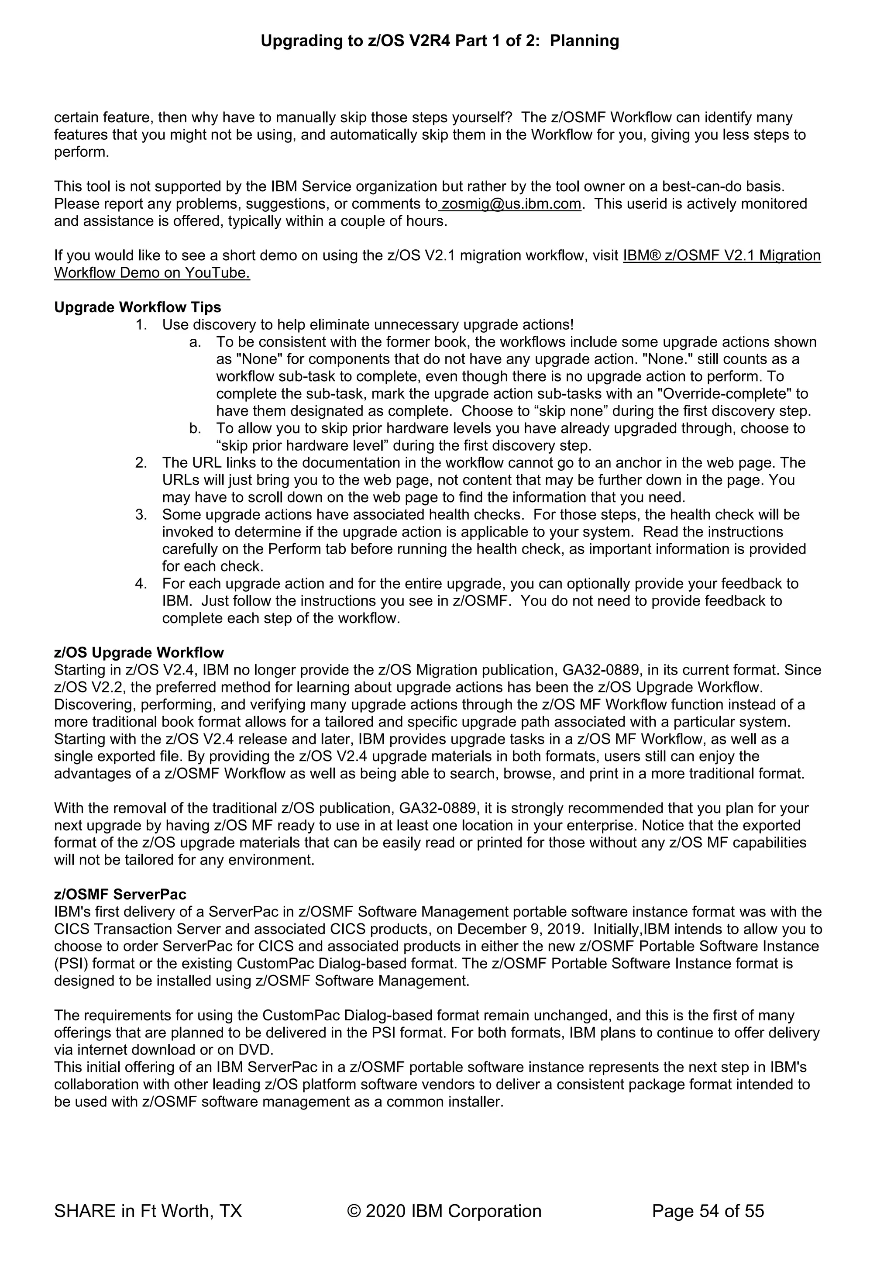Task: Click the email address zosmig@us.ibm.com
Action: coord(511,204)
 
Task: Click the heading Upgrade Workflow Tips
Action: coord(138,307)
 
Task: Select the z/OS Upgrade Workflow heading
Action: coord(139,652)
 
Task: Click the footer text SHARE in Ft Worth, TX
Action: coord(148,1211)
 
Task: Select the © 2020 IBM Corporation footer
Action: coord(444,1211)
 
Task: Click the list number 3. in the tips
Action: coord(141,515)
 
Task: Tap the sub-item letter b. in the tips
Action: coord(195,428)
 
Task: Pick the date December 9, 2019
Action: coord(520,929)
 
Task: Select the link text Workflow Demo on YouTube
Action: coord(152,273)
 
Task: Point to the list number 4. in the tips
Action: coord(141,584)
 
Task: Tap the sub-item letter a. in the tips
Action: coord(195,342)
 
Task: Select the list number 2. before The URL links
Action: coord(141,463)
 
